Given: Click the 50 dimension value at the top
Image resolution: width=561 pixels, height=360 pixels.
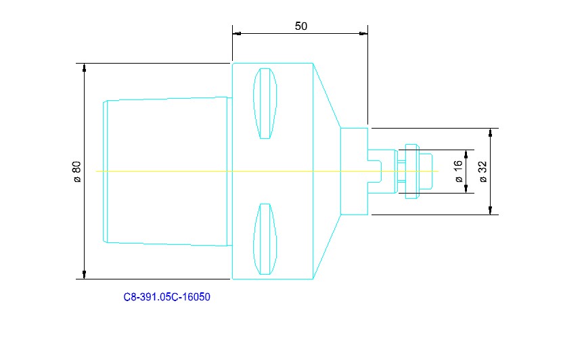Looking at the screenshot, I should point(301,26).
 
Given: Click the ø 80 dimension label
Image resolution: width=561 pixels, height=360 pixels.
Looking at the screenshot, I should point(76,171).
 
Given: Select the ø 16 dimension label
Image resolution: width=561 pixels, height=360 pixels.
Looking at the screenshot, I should point(458,171).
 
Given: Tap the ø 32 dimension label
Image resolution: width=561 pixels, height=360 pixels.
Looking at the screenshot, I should point(483,171).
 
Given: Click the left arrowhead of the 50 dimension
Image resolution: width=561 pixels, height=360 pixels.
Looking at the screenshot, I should point(236,32).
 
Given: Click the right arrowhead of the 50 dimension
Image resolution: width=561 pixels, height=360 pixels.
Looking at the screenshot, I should point(364,32).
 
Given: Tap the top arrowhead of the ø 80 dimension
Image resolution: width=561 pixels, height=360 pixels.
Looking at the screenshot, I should point(85,68).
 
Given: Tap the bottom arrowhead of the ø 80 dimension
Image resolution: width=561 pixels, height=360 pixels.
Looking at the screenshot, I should point(85,274).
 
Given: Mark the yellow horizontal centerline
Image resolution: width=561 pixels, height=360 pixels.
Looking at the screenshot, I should point(169,171).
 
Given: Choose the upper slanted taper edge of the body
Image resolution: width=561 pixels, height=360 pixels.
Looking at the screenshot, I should point(326,95).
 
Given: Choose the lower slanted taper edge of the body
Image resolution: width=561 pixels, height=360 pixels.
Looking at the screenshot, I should point(326,247).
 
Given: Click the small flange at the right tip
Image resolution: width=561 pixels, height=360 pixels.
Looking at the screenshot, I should point(426,171).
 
